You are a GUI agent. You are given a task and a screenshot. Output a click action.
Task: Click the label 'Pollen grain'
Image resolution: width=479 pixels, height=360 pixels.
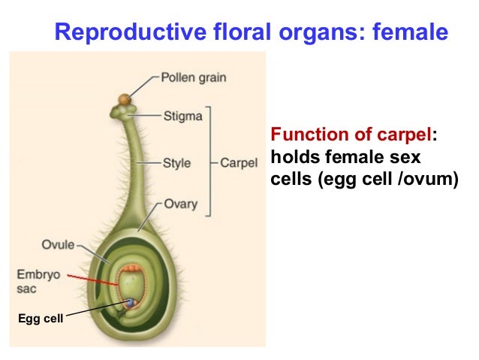(x=194, y=77)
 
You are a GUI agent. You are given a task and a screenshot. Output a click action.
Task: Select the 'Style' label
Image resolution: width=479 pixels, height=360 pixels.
(x=178, y=162)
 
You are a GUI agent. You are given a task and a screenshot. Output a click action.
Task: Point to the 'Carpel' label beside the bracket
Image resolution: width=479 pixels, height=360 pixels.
(x=239, y=162)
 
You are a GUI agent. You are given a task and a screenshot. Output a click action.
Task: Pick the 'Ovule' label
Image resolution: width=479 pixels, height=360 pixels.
(x=58, y=244)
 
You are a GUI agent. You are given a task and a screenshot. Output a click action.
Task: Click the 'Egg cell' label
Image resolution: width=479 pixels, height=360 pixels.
(x=41, y=320)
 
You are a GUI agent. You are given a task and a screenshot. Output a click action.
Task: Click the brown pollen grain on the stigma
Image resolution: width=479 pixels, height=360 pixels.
(x=123, y=98)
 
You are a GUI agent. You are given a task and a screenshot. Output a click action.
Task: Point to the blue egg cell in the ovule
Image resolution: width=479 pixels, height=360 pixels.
(x=132, y=302)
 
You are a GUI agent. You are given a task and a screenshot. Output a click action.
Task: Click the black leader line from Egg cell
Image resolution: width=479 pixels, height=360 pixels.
(x=94, y=312)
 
